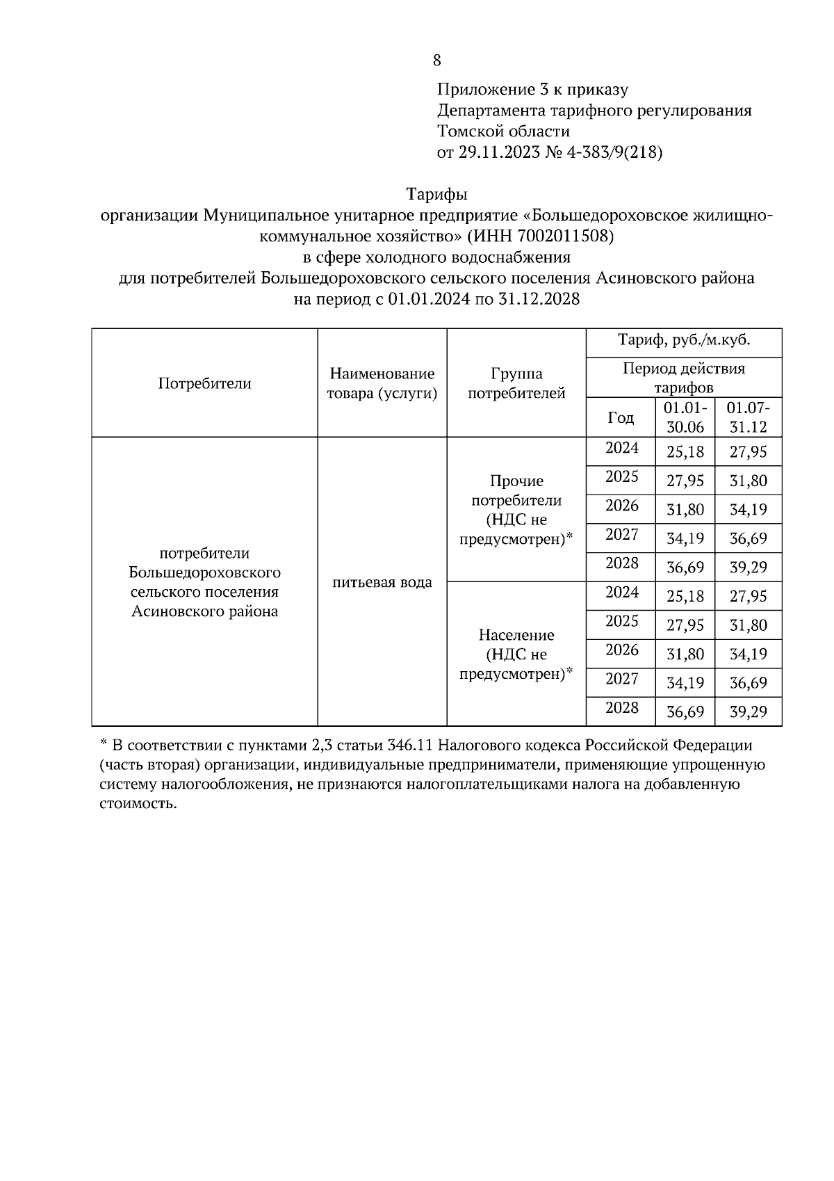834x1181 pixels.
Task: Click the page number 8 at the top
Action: pos(436,61)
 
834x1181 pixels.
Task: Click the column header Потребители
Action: pos(204,383)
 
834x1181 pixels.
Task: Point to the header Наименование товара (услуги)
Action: pos(382,383)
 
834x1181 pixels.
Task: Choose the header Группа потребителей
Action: pos(516,383)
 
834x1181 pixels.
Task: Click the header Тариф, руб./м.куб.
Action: pos(684,341)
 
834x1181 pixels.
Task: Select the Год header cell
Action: pos(620,417)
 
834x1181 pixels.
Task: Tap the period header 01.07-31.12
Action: pos(748,417)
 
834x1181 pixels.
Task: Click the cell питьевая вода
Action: pos(382,582)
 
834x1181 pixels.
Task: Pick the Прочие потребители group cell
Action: pos(516,510)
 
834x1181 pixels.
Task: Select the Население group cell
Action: pos(516,654)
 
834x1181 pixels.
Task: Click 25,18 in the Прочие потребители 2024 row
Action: pos(685,452)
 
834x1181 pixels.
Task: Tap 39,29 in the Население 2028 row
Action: pos(748,712)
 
